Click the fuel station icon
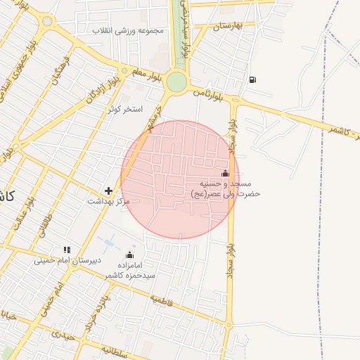(252, 79)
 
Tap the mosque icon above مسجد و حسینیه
(225, 173)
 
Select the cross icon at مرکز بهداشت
(108, 190)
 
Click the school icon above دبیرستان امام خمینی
(67, 249)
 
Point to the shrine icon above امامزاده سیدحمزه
(129, 255)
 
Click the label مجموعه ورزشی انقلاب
(131, 30)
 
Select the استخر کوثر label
(125, 110)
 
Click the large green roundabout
(176, 82)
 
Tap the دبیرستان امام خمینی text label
(67, 260)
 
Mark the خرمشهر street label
(153, 118)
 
